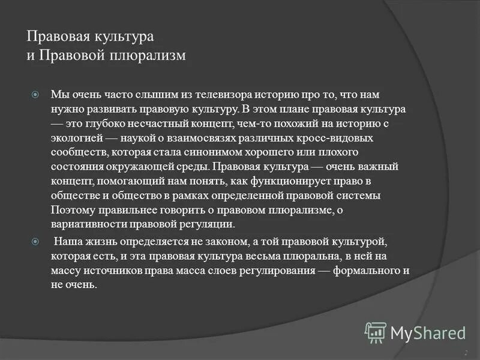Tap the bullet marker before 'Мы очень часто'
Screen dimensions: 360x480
(35, 95)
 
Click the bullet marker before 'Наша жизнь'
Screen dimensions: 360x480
(35, 241)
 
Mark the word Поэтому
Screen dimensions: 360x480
(72, 210)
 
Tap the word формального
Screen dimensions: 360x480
(365, 270)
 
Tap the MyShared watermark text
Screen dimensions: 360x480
(428, 332)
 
